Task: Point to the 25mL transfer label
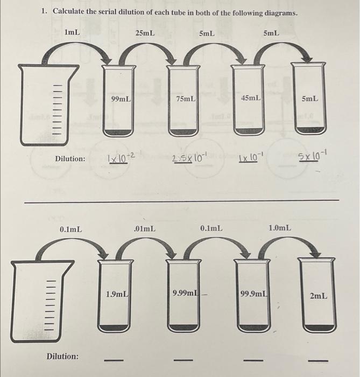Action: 145,33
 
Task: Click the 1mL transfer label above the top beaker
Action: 72,32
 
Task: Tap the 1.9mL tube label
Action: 117,294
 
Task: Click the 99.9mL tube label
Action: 254,294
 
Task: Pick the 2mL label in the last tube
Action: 318,296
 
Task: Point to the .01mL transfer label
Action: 145,229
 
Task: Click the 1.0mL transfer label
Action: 280,228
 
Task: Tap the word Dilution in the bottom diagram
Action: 62,356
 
